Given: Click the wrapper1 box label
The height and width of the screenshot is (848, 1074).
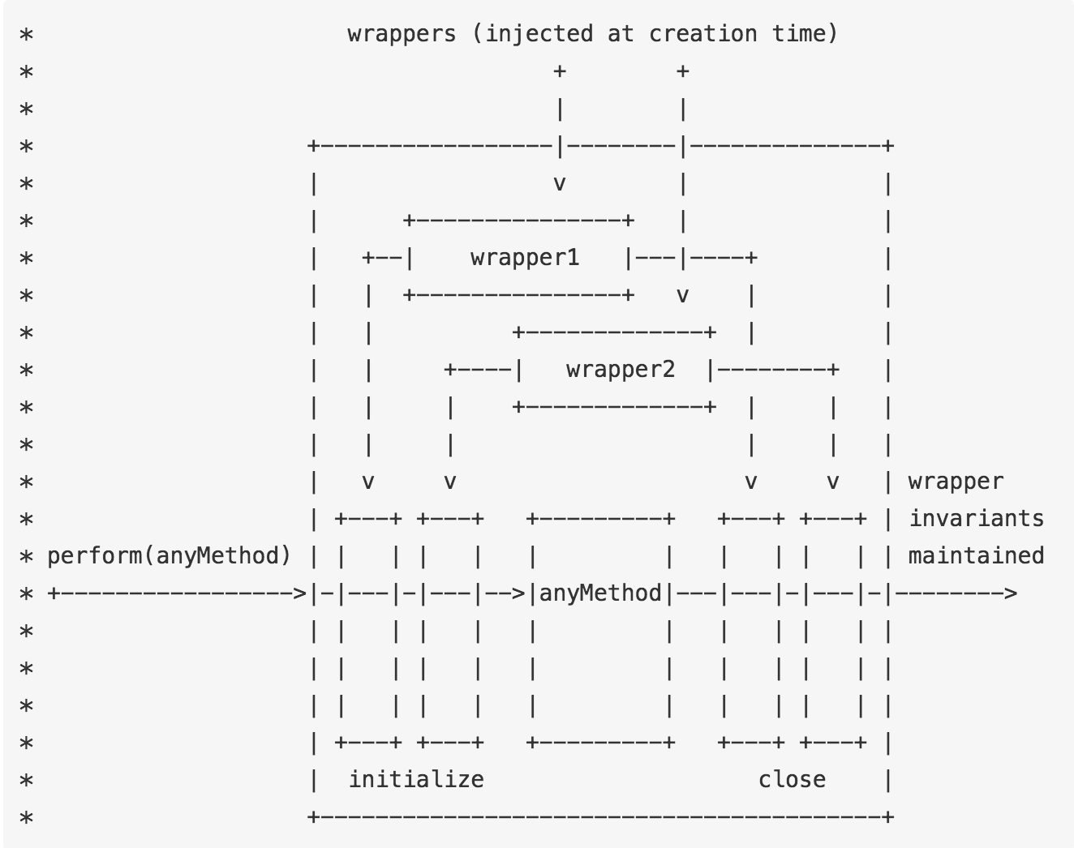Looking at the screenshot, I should pyautogui.click(x=525, y=258).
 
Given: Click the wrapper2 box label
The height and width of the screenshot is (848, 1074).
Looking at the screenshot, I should pyautogui.click(x=621, y=370).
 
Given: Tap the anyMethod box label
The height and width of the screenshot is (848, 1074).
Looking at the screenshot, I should pyautogui.click(x=600, y=593).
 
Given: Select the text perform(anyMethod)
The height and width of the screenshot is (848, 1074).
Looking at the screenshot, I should pyautogui.click(x=169, y=556).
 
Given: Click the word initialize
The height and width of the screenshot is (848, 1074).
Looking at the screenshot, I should pyautogui.click(x=416, y=780).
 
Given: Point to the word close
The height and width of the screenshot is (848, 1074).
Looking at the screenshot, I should pyautogui.click(x=792, y=780).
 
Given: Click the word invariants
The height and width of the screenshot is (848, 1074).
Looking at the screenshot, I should pyautogui.click(x=976, y=519).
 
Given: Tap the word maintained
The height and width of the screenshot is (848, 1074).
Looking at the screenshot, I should pyautogui.click(x=976, y=556).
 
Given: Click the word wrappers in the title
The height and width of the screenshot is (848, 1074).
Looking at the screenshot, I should pyautogui.click(x=402, y=34).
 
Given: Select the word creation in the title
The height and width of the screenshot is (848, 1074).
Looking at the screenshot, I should pyautogui.click(x=702, y=34).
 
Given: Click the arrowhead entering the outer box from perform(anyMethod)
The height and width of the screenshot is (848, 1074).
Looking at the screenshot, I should pyautogui.click(x=300, y=593).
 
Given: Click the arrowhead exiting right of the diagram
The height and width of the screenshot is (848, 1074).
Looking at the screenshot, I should pyautogui.click(x=1010, y=593).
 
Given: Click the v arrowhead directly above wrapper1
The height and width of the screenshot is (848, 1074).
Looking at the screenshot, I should pyautogui.click(x=559, y=184).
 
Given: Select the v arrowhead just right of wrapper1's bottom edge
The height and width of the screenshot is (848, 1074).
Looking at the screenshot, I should pyautogui.click(x=683, y=295).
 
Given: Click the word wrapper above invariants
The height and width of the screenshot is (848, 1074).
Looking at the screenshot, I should pyautogui.click(x=956, y=482).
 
